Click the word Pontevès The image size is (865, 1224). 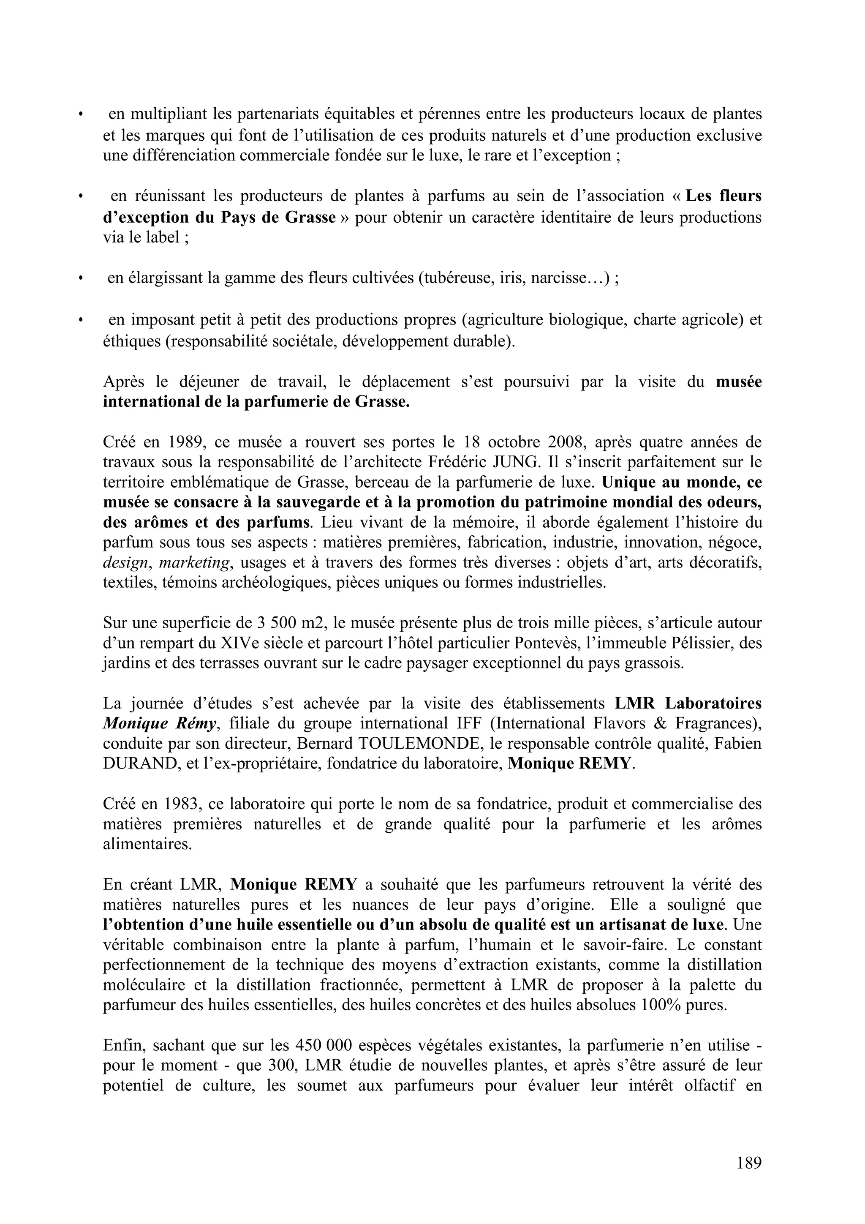tap(546, 643)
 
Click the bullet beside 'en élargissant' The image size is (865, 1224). tap(81, 279)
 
